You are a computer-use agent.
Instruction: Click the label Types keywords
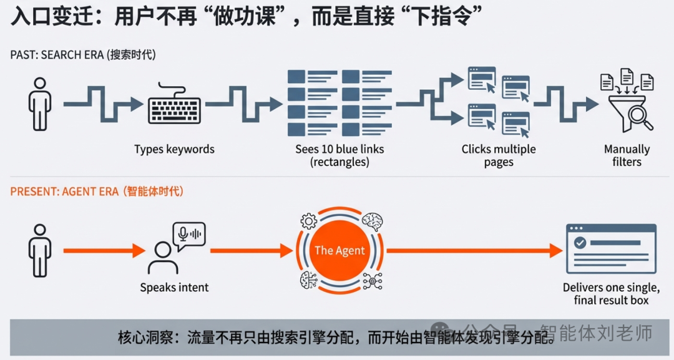pyautogui.click(x=174, y=150)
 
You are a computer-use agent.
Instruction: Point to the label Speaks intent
pyautogui.click(x=174, y=288)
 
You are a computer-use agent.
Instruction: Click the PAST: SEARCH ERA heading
pyautogui.click(x=83, y=55)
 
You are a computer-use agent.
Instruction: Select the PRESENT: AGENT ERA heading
pyautogui.click(x=97, y=192)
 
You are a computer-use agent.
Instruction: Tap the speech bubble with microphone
pyautogui.click(x=190, y=236)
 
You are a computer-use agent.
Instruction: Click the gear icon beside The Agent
pyautogui.click(x=308, y=221)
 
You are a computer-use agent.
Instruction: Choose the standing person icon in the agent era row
pyautogui.click(x=40, y=250)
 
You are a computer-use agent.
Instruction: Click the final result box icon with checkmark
pyautogui.click(x=610, y=248)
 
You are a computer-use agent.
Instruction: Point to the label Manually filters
pyautogui.click(x=627, y=156)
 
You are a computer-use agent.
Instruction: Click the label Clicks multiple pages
pyautogui.click(x=499, y=156)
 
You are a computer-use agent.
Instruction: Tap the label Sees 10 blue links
pyautogui.click(x=339, y=156)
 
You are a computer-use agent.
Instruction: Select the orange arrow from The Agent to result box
pyautogui.click(x=474, y=251)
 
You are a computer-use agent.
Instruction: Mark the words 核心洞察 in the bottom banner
pyautogui.click(x=144, y=338)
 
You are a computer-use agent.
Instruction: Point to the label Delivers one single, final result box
pyautogui.click(x=611, y=294)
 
